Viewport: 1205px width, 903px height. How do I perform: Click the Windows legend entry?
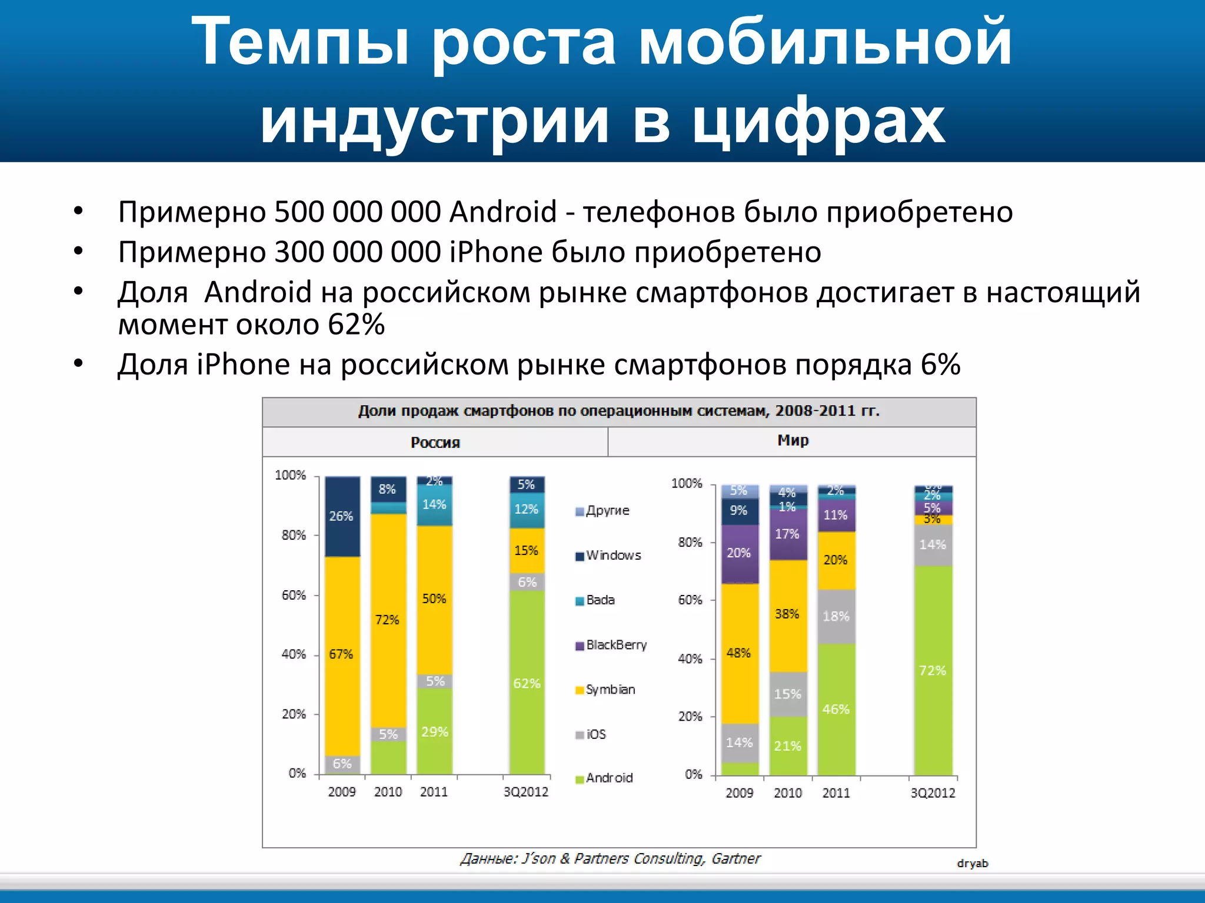pos(609,556)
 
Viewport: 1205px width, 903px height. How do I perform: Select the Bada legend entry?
pos(595,600)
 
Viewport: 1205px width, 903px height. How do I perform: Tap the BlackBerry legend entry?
pos(611,645)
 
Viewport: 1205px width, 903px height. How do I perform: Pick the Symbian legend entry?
pos(605,690)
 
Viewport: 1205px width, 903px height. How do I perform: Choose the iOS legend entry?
pos(591,734)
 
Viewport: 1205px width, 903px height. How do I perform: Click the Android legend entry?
pos(604,778)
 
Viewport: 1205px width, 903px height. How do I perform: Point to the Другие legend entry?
pos(603,510)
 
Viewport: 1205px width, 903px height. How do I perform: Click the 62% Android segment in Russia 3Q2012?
pos(527,683)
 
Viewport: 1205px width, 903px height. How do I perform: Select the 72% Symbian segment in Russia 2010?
pos(388,620)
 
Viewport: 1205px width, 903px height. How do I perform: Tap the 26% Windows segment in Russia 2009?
pos(341,516)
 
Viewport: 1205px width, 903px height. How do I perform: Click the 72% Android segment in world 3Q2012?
pos(933,670)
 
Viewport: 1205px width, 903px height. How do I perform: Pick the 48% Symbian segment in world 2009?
pos(739,653)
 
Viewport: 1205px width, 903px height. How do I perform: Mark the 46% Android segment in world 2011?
pos(836,709)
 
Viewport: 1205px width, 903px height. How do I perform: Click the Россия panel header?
pos(435,443)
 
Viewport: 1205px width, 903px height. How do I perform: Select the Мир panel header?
pos(793,440)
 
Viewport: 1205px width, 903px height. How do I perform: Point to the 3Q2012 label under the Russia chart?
pos(526,792)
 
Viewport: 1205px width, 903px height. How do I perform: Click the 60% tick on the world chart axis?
pos(690,600)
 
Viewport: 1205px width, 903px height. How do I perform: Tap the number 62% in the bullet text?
pos(357,325)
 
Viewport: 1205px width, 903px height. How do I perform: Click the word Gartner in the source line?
pos(736,859)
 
